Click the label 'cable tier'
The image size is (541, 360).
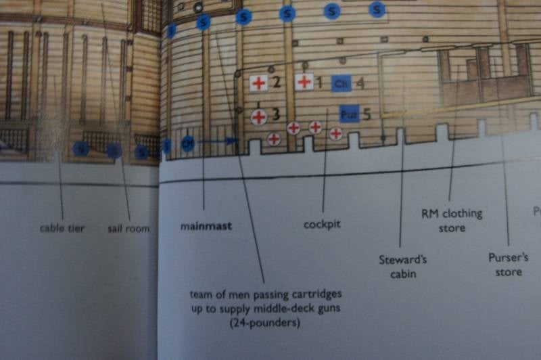(x=62, y=229)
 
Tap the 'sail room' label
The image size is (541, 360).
(x=128, y=229)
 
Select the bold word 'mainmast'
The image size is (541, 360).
(x=206, y=226)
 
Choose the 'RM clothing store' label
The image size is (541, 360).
(x=452, y=221)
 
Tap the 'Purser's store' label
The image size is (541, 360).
(x=508, y=264)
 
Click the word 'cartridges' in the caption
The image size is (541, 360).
(x=320, y=296)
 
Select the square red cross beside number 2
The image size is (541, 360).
(x=258, y=83)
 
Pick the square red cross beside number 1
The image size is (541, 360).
(x=304, y=83)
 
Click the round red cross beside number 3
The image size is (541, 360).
(x=259, y=116)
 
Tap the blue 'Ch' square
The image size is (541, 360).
(x=341, y=83)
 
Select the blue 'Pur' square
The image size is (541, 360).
(x=348, y=113)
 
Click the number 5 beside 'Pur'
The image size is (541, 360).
(x=366, y=114)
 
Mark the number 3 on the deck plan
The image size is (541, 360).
(x=275, y=114)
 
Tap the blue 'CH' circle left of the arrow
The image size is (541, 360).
(x=188, y=143)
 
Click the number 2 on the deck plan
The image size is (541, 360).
(x=276, y=83)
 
